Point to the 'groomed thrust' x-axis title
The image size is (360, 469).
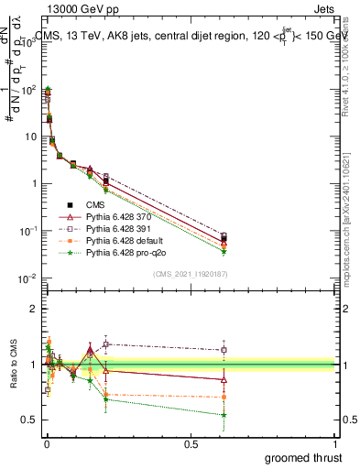pyautogui.click(x=304, y=457)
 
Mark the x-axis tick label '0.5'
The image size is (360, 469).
pyautogui.click(x=191, y=444)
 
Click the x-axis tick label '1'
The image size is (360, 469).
pyautogui.click(x=337, y=444)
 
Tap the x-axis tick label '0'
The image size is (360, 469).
pyautogui.click(x=46, y=444)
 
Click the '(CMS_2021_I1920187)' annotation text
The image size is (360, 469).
pyautogui.click(x=190, y=274)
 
